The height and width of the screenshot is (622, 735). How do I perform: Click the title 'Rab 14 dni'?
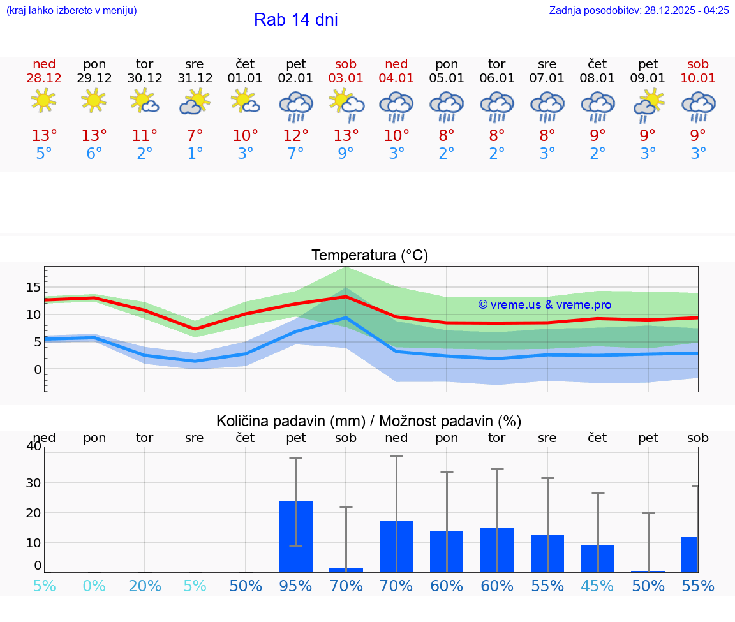[295, 20]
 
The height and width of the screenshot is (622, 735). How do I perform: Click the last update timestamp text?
[639, 10]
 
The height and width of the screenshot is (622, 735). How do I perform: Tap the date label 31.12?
[195, 78]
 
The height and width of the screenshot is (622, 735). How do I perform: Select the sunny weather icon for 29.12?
[94, 101]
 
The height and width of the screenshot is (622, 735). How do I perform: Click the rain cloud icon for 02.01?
[296, 105]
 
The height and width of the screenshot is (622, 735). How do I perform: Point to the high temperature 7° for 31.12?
[195, 136]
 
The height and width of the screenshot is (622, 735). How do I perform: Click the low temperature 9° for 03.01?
[346, 154]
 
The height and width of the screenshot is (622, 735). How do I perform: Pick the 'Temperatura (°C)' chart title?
[369, 256]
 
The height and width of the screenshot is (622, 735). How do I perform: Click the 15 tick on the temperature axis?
[33, 287]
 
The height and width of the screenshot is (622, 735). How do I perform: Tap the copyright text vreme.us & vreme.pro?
[544, 305]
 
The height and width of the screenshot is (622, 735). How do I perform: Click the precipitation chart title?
[368, 421]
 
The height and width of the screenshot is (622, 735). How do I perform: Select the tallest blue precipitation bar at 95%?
[295, 537]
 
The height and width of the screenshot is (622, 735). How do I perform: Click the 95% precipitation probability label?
[295, 586]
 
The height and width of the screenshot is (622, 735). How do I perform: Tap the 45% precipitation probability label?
[598, 586]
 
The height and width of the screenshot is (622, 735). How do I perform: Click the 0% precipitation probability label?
[94, 586]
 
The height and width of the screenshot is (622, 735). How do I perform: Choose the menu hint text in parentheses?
[71, 10]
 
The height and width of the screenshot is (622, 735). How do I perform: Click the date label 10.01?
[698, 78]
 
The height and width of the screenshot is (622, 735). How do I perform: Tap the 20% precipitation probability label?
[145, 586]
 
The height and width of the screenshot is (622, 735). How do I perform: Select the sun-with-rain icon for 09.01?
[648, 105]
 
